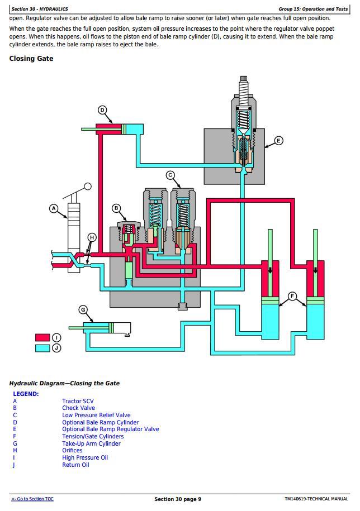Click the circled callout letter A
(x=54, y=208)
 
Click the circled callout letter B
(x=116, y=208)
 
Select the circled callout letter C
(x=170, y=175)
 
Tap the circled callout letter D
(x=102, y=110)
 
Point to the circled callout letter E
(x=278, y=141)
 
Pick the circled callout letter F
(x=292, y=296)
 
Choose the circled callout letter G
(x=83, y=310)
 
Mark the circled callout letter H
(x=92, y=237)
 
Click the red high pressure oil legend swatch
(x=42, y=337)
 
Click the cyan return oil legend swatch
(x=42, y=348)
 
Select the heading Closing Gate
(x=31, y=58)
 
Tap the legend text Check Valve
(x=78, y=408)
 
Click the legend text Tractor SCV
(x=78, y=401)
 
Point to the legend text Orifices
(x=72, y=451)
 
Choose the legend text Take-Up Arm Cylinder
(x=91, y=443)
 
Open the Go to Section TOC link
(x=32, y=499)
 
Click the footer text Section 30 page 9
(x=178, y=499)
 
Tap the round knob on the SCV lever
(x=88, y=186)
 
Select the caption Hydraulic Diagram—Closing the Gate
(x=64, y=383)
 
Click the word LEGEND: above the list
(x=26, y=394)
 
